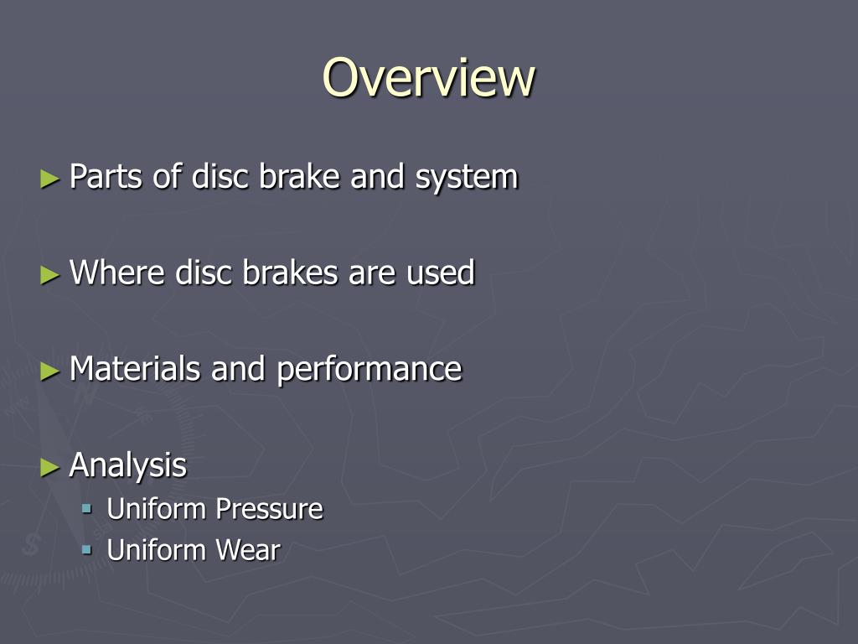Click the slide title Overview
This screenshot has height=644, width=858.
point(428,77)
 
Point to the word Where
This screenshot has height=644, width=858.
point(117,273)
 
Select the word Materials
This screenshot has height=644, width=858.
point(135,368)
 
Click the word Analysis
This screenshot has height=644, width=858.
point(127,465)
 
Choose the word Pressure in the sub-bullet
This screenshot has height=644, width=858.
point(269,509)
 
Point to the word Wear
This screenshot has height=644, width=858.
point(247,551)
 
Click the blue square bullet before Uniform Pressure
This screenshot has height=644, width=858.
point(87,508)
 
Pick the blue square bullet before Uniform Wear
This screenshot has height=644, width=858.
point(87,550)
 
